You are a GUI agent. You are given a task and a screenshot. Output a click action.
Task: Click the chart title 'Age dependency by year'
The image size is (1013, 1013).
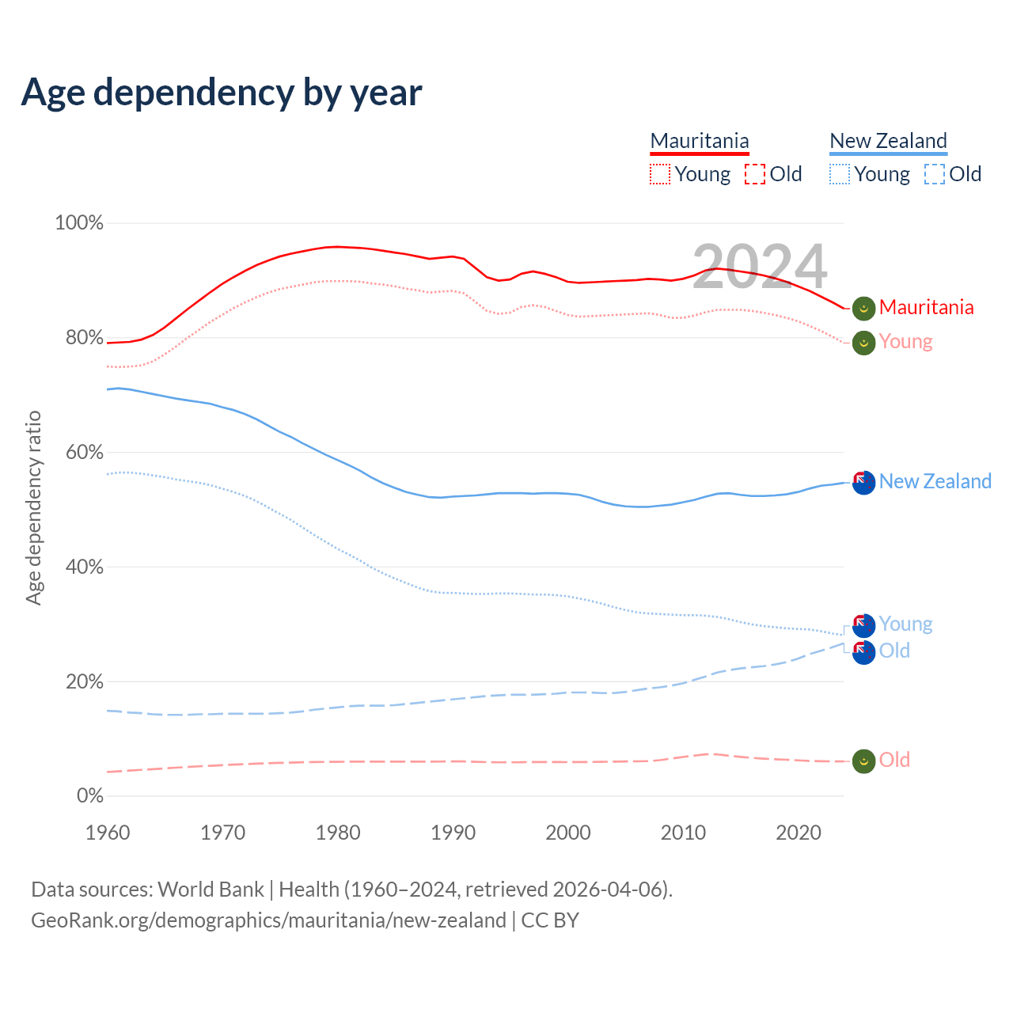point(222,93)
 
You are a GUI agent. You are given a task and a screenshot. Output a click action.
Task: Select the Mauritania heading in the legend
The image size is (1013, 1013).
point(700,141)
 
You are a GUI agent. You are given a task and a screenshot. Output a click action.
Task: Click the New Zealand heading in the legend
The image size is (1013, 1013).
point(888,141)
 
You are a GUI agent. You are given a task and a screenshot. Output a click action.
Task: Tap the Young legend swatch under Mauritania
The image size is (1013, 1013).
point(660,174)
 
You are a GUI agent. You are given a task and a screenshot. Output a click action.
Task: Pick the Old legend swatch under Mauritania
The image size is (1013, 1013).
point(755,174)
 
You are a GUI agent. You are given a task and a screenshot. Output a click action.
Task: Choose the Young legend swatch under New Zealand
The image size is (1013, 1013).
point(840,174)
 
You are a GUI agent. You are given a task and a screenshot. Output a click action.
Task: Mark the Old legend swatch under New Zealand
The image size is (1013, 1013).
point(935,174)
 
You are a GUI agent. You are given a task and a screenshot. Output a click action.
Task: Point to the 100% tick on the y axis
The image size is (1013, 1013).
point(79,223)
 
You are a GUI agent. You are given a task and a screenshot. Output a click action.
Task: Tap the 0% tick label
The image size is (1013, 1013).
point(90,796)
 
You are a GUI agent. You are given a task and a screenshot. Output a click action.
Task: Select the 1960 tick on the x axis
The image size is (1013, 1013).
point(108,833)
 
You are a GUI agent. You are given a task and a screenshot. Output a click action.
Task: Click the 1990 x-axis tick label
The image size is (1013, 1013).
point(453,833)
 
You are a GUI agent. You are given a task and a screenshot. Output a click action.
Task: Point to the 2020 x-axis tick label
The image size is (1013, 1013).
point(799,833)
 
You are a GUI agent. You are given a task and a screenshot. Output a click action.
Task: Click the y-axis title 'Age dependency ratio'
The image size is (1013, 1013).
point(33,507)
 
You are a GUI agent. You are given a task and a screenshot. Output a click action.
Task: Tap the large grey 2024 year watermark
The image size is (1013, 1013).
point(760,267)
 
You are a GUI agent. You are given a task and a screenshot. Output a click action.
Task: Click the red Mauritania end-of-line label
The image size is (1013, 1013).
point(926,307)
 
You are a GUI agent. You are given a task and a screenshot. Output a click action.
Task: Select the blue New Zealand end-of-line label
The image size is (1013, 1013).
point(935,481)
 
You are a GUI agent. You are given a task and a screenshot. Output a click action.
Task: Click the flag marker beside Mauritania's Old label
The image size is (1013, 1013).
point(863,761)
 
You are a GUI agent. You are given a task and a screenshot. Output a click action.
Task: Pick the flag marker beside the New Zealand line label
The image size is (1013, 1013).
point(863,482)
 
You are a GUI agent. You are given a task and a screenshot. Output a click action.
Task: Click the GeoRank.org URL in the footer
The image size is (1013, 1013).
point(268,920)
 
